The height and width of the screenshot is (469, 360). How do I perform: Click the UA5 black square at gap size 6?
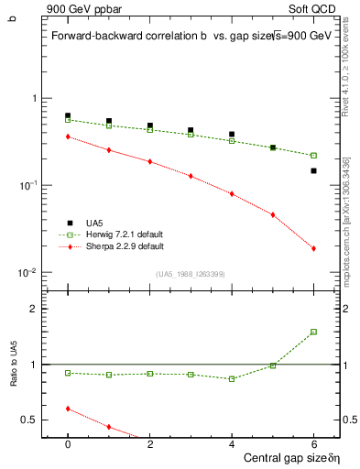tap(313, 170)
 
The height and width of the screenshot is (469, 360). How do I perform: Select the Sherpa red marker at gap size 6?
tap(313, 248)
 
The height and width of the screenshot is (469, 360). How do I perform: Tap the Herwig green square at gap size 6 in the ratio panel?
tap(313, 332)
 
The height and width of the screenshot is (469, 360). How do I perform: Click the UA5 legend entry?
tap(94, 223)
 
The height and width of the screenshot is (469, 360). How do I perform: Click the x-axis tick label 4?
tap(232, 442)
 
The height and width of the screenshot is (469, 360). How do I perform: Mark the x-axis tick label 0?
tap(68, 442)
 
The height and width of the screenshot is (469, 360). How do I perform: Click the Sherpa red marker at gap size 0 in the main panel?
tap(68, 136)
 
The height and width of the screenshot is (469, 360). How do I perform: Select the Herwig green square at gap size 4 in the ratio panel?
tap(232, 378)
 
